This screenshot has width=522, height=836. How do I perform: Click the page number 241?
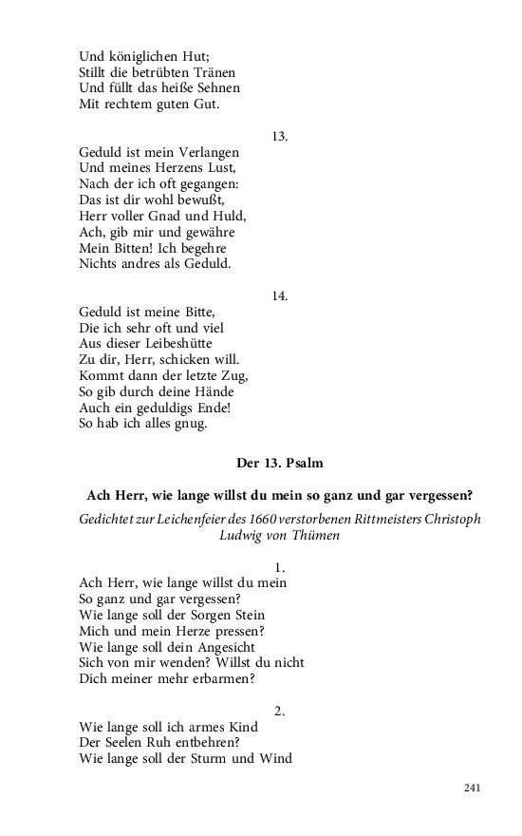pos(473,788)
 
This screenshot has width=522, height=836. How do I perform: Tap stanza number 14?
pos(279,295)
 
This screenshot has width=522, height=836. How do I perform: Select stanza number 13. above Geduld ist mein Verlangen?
pos(279,136)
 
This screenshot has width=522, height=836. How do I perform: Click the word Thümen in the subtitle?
pos(315,536)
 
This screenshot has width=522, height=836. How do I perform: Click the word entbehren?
pos(199,742)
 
